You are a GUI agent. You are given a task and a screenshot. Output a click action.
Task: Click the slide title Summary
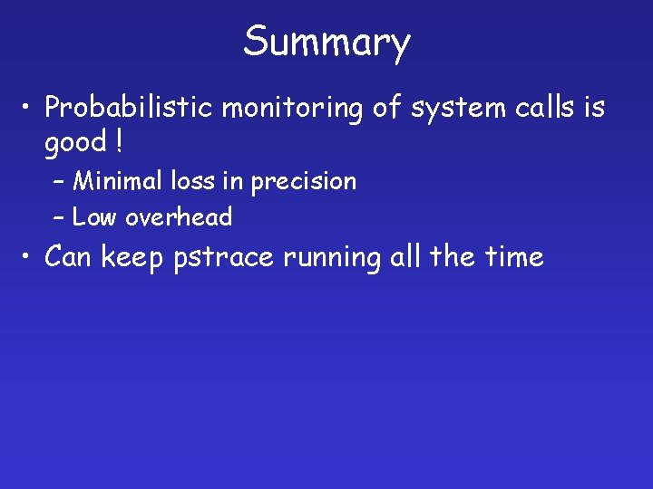pos(326,43)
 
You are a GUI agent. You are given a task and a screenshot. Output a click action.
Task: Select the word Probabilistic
pos(129,109)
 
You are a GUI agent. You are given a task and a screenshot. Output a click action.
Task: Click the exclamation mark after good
pos(119,142)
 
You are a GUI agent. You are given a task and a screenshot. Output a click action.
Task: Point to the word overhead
pos(179,217)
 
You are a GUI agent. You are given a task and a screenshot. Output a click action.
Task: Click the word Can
pos(69,257)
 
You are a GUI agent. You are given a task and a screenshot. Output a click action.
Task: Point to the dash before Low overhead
pos(59,218)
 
